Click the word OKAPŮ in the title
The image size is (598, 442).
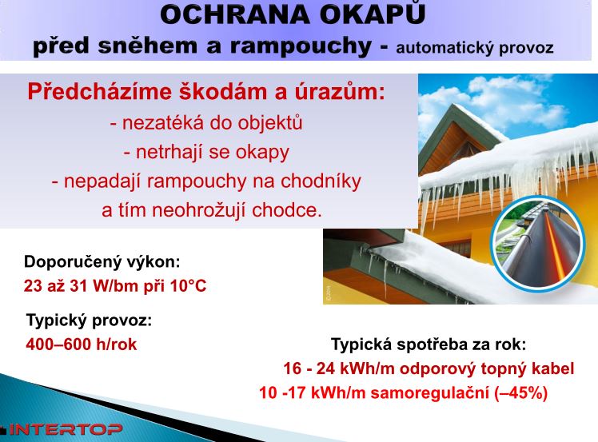coord(372,14)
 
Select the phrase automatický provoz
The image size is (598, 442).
coord(474,49)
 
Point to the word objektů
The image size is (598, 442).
coord(270,123)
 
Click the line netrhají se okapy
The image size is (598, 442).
coord(206,152)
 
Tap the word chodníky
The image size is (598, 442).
coord(321,181)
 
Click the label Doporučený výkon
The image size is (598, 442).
coord(102,262)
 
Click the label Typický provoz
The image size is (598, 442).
coord(89,321)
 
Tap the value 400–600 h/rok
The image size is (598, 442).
coord(82,344)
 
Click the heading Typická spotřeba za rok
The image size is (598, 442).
coord(429,344)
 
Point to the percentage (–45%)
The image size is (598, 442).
coord(521,392)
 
